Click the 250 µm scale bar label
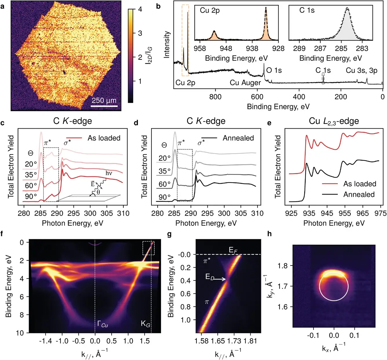104,100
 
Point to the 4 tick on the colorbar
140,9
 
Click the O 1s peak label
274,70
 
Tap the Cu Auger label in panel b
245,83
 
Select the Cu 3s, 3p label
362,70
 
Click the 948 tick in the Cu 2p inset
226,48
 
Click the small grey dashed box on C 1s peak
323,78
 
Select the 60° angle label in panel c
31,186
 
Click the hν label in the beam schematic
109,173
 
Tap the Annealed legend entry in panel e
359,195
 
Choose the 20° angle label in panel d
165,158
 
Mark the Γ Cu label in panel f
103,324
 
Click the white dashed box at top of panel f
148,248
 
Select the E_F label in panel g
233,250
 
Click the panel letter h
270,234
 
